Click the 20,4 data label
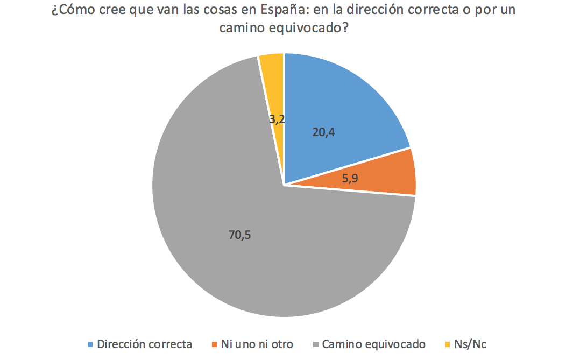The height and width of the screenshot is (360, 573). coord(323,132)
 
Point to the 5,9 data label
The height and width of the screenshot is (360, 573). coord(350,179)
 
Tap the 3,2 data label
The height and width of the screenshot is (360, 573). coord(276,120)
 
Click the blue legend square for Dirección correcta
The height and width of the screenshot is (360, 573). coord(90,344)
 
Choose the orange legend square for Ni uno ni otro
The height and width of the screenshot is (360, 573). coord(215,344)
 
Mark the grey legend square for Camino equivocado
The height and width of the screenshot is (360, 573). coord(315,344)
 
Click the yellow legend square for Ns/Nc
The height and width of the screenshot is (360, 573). coord(448,344)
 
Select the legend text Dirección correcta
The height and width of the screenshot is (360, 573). coord(144,344)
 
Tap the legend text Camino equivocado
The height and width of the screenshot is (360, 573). coord(374,344)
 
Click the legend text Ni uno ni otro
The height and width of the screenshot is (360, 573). coord(257,344)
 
